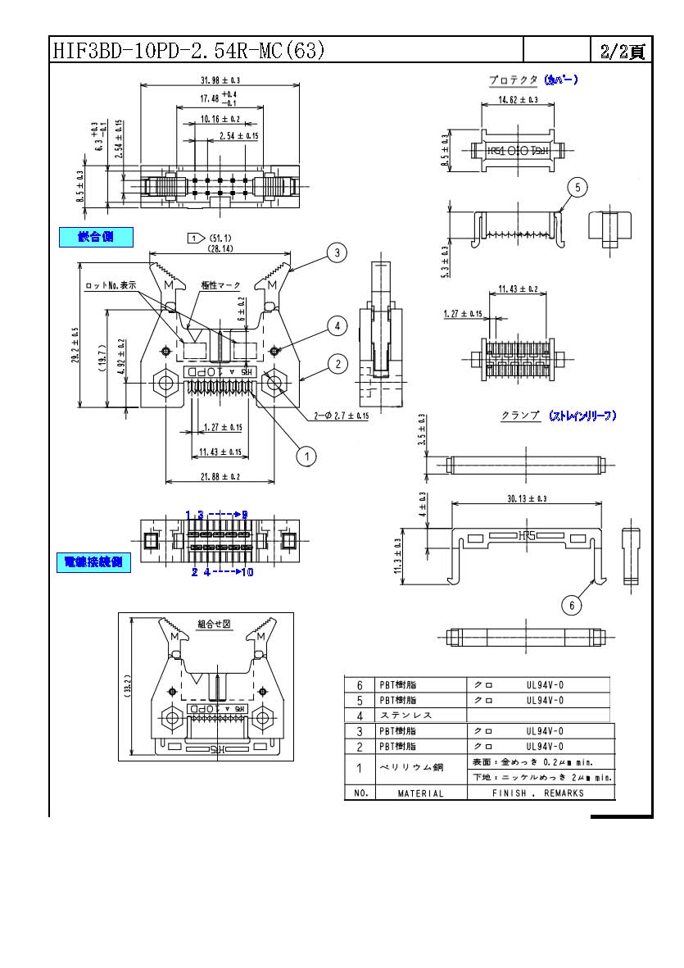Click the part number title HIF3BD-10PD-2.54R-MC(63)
(188, 51)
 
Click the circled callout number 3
(336, 252)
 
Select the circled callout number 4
(336, 326)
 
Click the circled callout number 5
(577, 188)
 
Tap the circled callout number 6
(571, 605)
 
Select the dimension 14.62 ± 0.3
(518, 100)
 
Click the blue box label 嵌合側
(96, 237)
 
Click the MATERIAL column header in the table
(420, 793)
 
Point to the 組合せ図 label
(215, 624)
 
